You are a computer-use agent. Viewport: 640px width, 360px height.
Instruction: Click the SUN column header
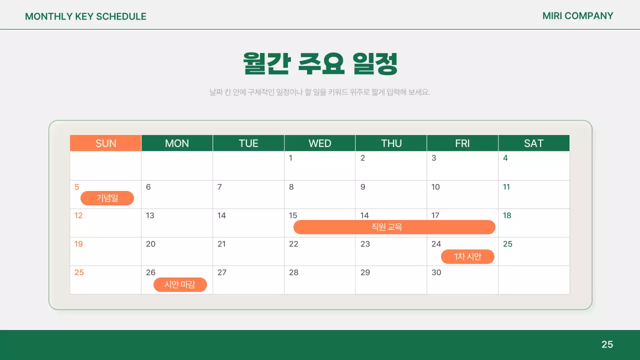click(x=105, y=143)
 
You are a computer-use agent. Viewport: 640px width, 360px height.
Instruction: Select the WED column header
click(x=319, y=143)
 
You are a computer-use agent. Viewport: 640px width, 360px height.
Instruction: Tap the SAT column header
click(x=533, y=143)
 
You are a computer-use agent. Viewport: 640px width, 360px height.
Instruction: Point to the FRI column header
click(x=462, y=143)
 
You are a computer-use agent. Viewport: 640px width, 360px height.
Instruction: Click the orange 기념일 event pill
click(x=107, y=198)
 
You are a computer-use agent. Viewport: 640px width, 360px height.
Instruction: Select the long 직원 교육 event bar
click(x=394, y=227)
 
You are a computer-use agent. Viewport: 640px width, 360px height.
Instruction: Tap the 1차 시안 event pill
click(x=467, y=256)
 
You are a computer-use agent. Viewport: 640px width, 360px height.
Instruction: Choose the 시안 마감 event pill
click(x=180, y=284)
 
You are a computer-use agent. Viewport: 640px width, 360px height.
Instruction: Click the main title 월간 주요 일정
click(x=320, y=63)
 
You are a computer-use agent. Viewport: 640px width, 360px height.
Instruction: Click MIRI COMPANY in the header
click(x=577, y=16)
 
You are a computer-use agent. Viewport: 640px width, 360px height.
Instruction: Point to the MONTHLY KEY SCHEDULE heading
click(x=85, y=16)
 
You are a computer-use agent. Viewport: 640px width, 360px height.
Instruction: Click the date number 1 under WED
click(x=290, y=158)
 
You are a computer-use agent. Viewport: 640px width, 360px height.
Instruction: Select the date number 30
click(x=436, y=272)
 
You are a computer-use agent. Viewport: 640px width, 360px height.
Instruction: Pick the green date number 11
click(x=506, y=187)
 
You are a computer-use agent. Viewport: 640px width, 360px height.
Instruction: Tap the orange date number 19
click(x=78, y=244)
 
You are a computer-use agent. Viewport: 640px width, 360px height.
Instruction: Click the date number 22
click(x=293, y=244)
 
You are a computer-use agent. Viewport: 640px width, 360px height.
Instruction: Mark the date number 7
click(x=219, y=187)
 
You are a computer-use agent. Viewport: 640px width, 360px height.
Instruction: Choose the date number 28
click(x=293, y=272)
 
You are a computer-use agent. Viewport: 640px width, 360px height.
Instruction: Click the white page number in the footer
click(x=607, y=344)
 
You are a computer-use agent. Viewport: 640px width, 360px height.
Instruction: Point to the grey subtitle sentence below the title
click(x=320, y=92)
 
